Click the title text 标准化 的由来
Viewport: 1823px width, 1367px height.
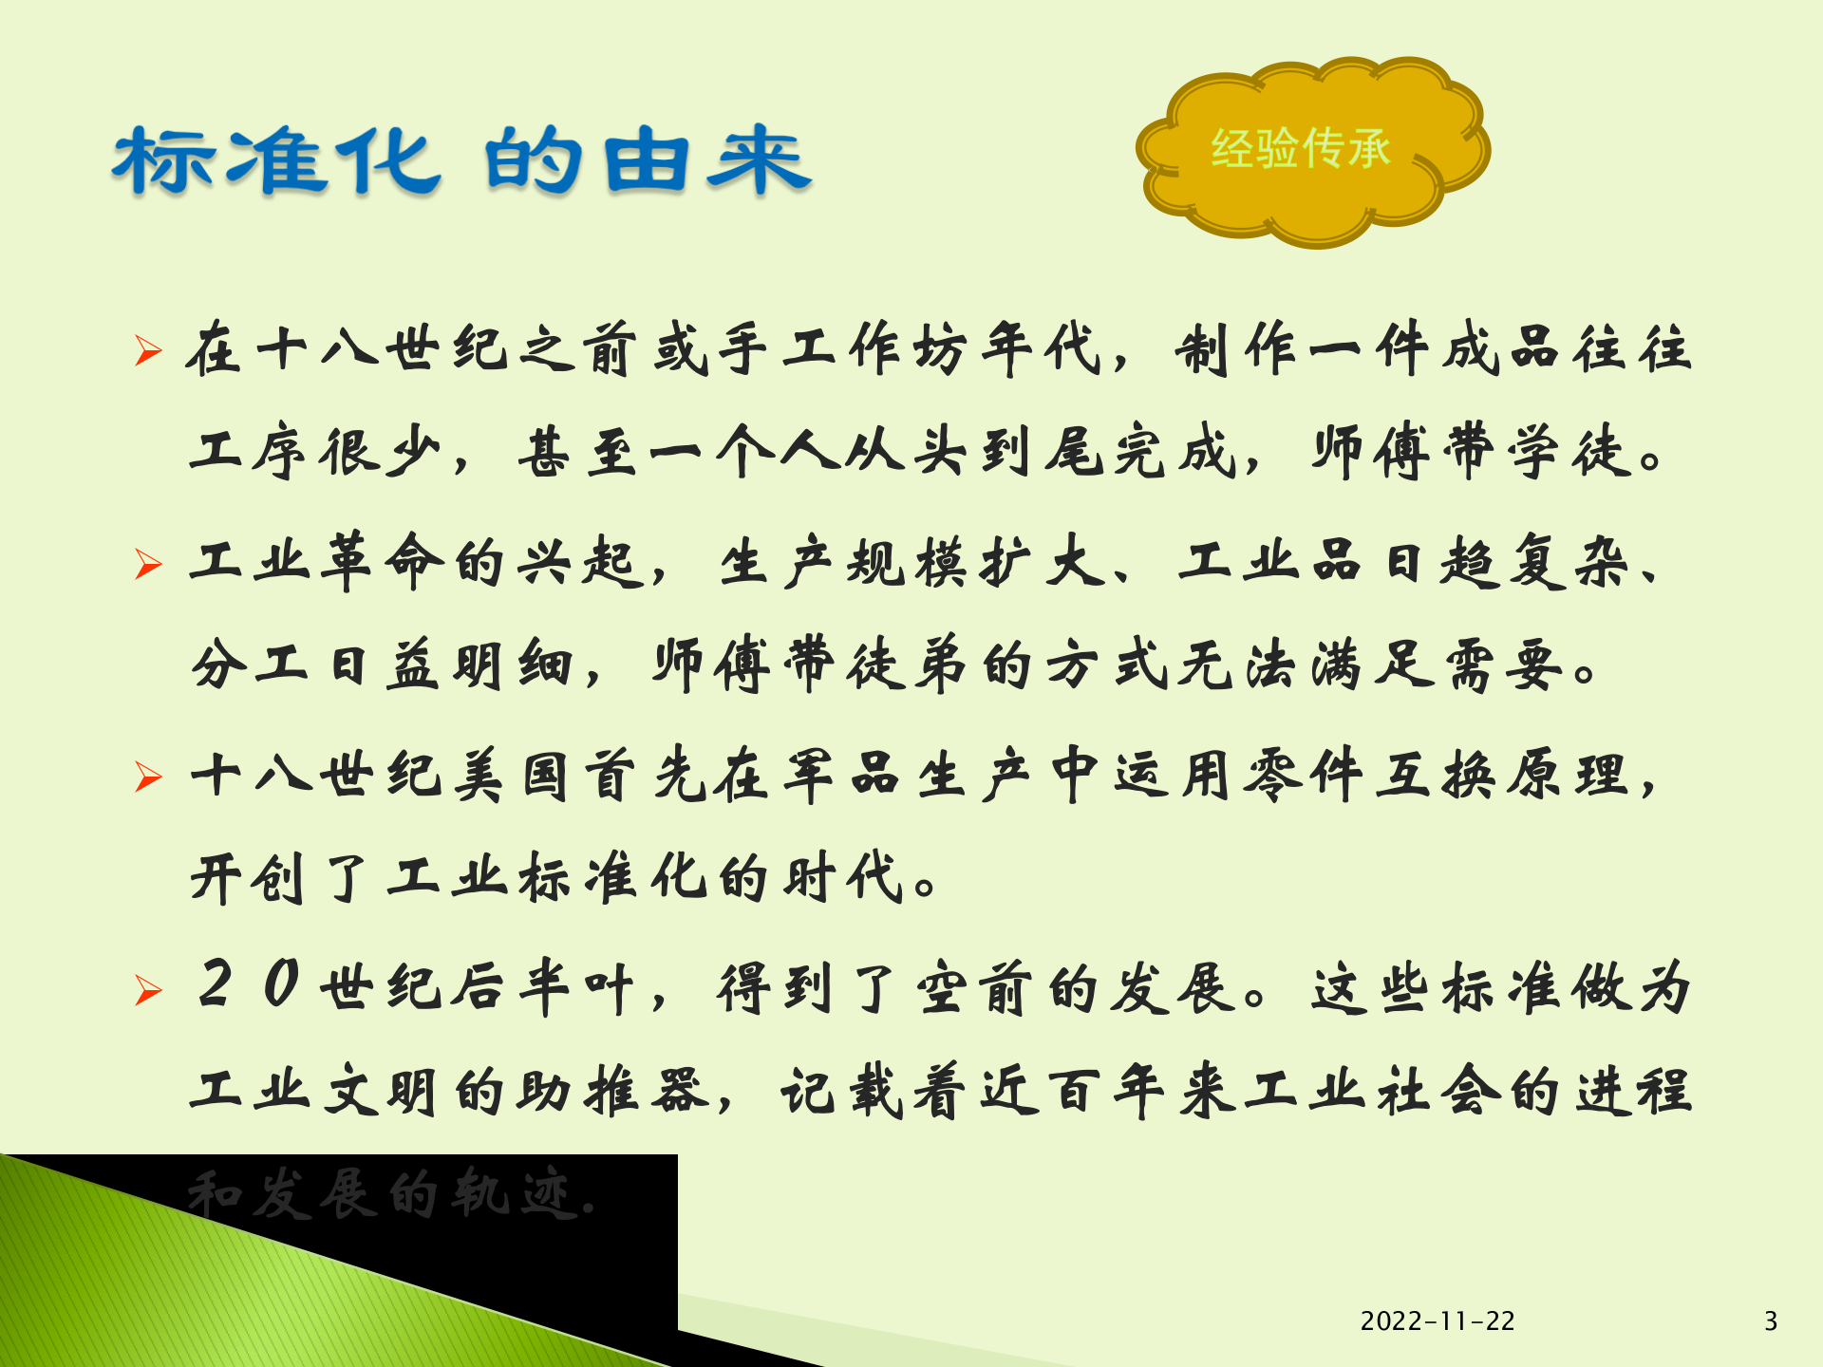click(x=461, y=161)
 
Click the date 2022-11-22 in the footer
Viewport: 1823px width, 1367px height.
click(x=1437, y=1320)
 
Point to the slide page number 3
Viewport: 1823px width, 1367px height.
click(x=1770, y=1320)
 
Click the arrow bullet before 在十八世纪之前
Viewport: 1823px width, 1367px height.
click(x=148, y=350)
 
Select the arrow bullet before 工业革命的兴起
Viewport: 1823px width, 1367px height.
click(x=148, y=564)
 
